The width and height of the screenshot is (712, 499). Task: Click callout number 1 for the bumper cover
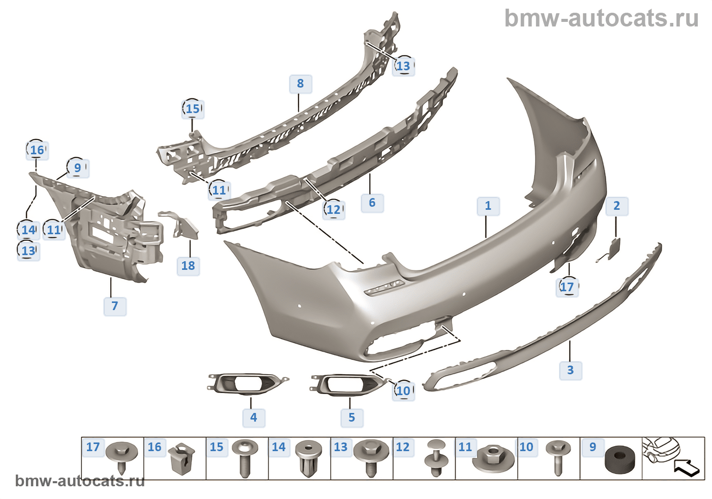(x=488, y=206)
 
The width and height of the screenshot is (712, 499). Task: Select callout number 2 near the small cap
(x=616, y=206)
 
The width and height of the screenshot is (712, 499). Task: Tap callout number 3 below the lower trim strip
(x=570, y=370)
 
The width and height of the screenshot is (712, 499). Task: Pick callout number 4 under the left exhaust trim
(x=253, y=418)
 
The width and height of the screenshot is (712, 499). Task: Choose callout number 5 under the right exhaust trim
(x=351, y=418)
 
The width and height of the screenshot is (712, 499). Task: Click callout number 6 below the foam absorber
(x=372, y=203)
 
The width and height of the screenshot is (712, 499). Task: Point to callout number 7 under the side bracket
(x=114, y=306)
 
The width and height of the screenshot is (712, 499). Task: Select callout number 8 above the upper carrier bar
(x=300, y=84)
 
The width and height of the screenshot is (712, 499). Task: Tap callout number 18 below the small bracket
(x=188, y=265)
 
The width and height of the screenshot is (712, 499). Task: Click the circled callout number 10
(x=403, y=391)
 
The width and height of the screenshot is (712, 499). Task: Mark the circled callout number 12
(x=334, y=209)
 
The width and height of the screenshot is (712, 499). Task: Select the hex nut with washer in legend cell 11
(x=492, y=457)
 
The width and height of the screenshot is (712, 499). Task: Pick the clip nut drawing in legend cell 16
(x=182, y=458)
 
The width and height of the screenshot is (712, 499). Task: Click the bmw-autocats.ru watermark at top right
(x=601, y=18)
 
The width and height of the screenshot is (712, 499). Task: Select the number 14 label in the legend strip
(x=278, y=447)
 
